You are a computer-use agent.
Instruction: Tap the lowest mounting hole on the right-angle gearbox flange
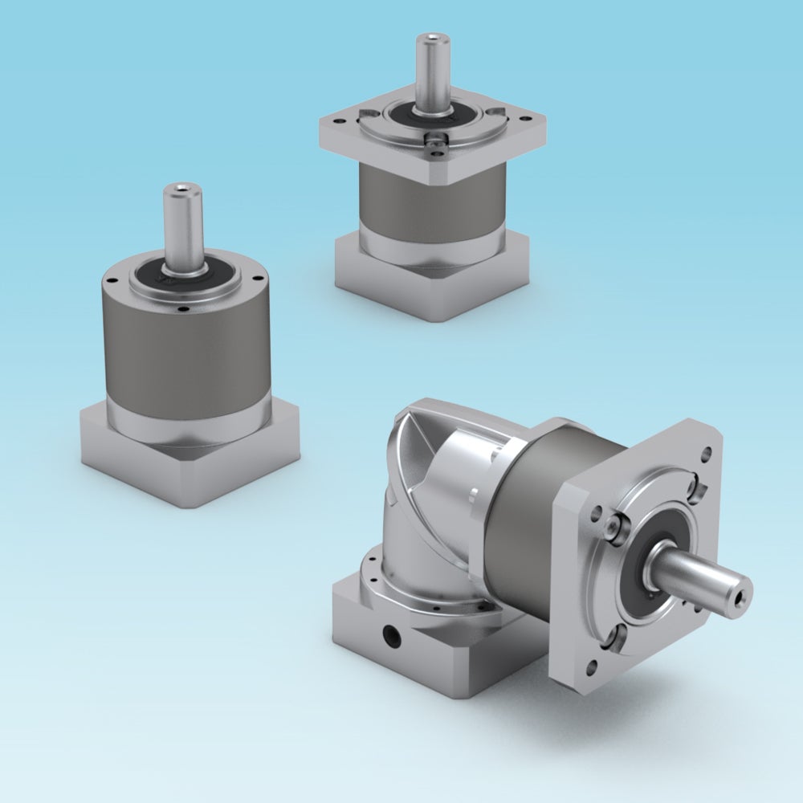pyautogui.click(x=593, y=665)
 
